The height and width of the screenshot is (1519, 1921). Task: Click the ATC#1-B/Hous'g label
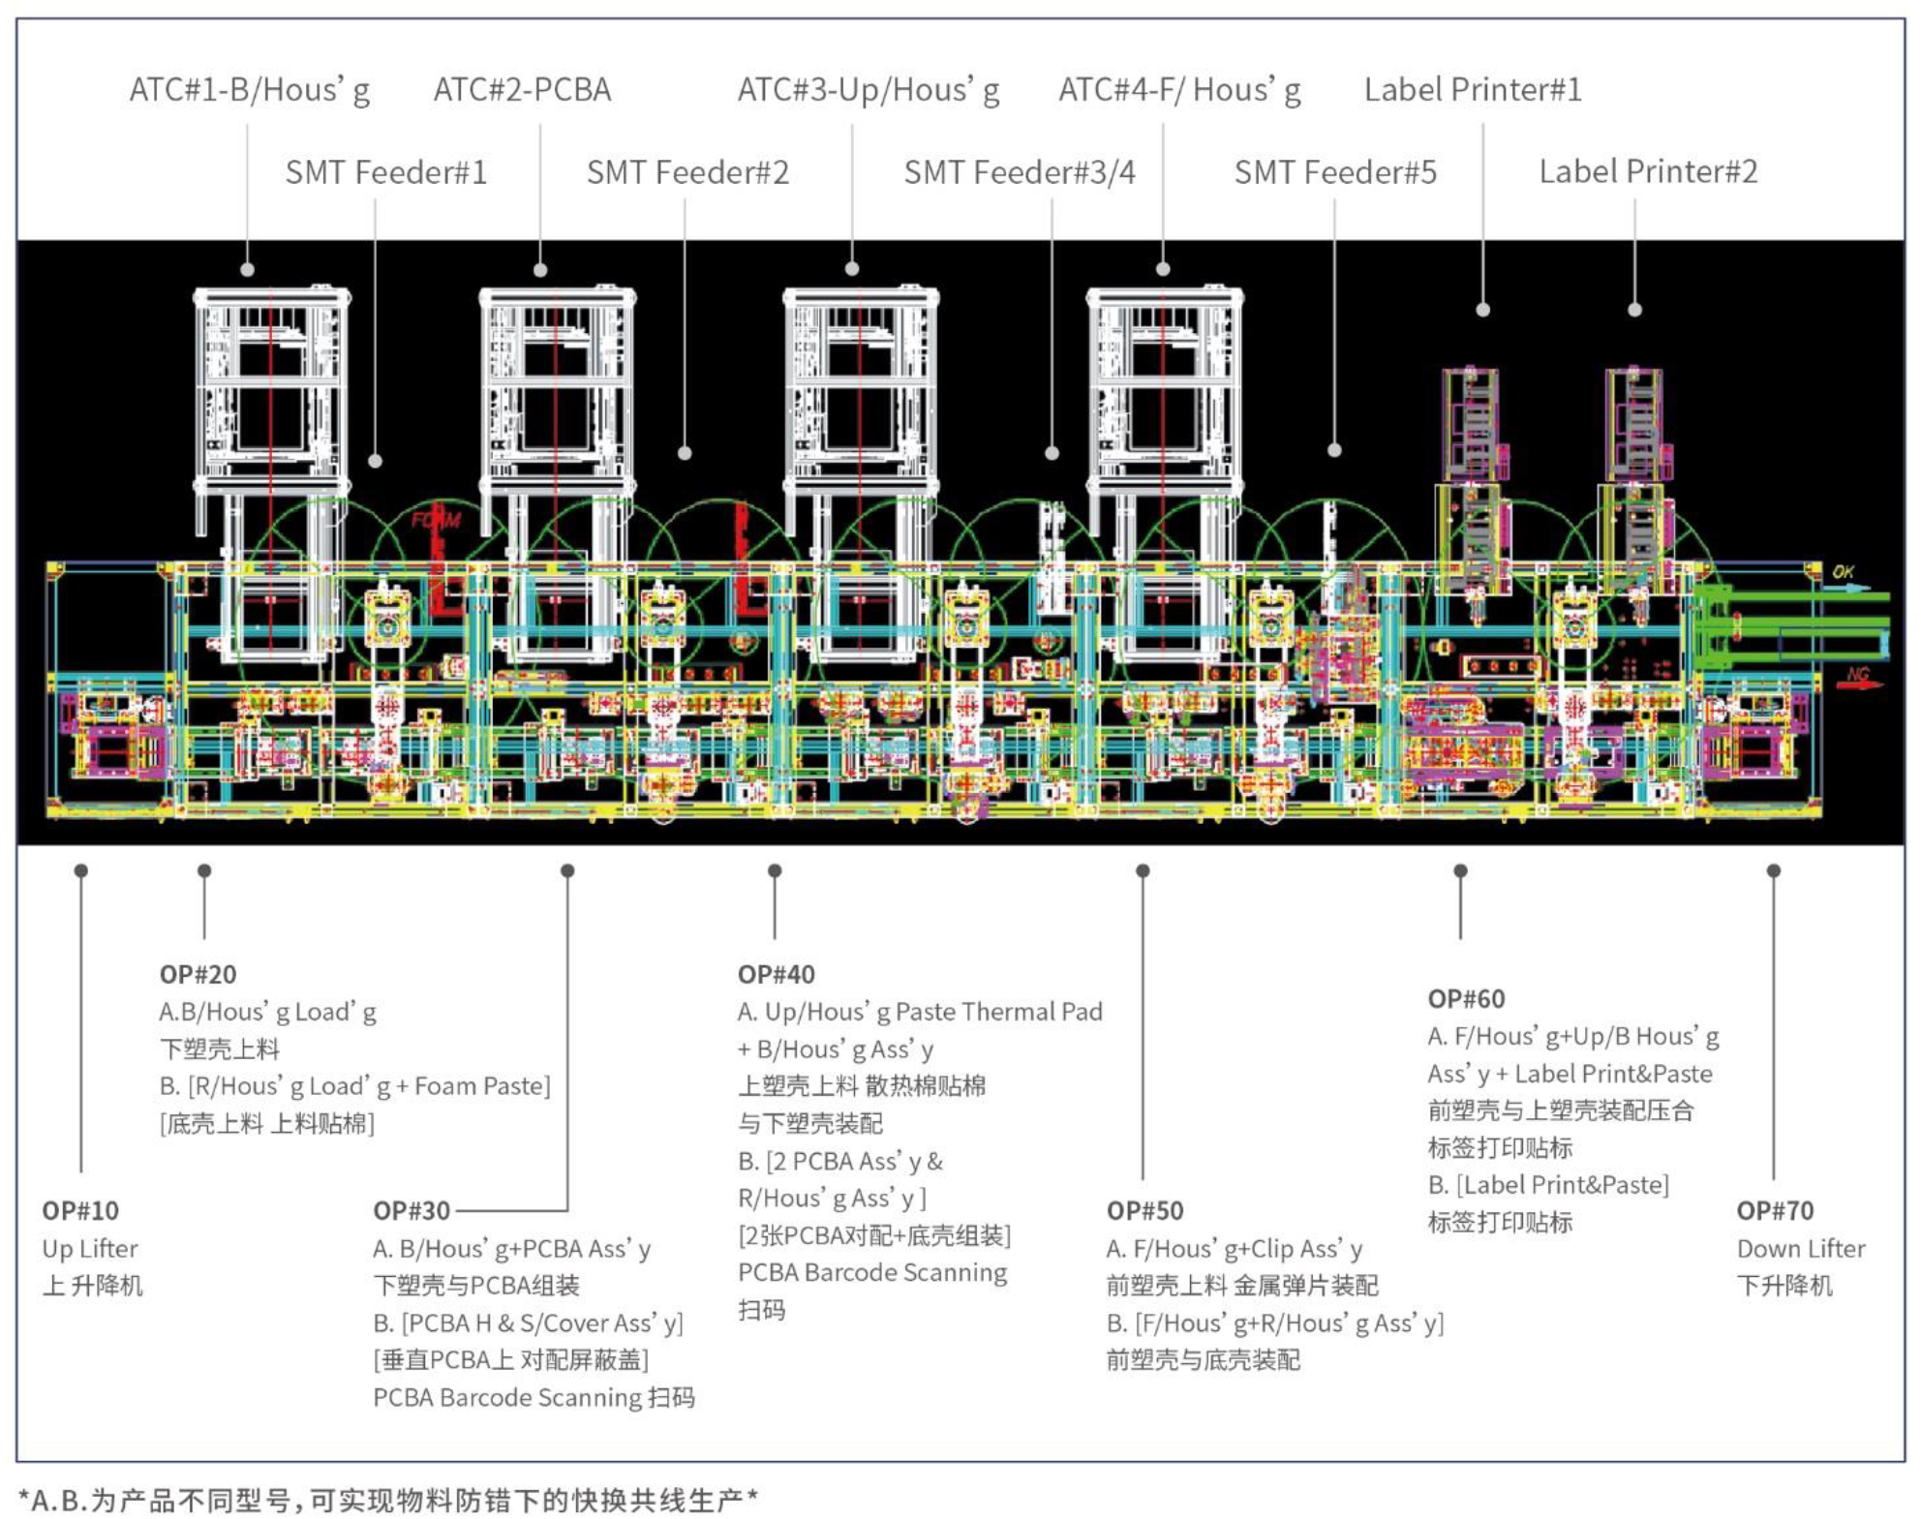point(250,90)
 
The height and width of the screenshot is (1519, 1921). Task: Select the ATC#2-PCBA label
point(522,90)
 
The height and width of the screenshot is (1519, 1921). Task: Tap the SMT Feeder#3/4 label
point(1019,172)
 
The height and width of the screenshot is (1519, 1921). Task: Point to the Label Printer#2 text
point(1648,171)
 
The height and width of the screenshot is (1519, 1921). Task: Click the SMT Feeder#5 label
point(1334,172)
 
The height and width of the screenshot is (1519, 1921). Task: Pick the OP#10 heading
point(80,1210)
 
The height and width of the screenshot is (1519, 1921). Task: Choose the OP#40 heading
point(776,974)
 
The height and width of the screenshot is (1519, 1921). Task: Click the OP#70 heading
point(1774,1210)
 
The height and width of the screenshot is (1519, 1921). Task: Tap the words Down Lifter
point(1800,1248)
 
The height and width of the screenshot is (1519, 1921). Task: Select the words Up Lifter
point(90,1248)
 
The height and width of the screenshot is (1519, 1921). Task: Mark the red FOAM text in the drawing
point(436,521)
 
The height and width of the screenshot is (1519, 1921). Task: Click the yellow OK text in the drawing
point(1843,572)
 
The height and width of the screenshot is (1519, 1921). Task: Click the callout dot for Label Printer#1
point(1482,310)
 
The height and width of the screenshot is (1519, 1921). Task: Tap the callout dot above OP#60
point(1460,871)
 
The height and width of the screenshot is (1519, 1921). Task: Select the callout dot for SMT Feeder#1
point(375,461)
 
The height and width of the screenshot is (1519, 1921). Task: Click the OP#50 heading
point(1144,1210)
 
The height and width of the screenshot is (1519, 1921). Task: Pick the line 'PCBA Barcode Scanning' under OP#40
point(871,1272)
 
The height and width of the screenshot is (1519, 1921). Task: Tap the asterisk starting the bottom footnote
point(24,1500)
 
